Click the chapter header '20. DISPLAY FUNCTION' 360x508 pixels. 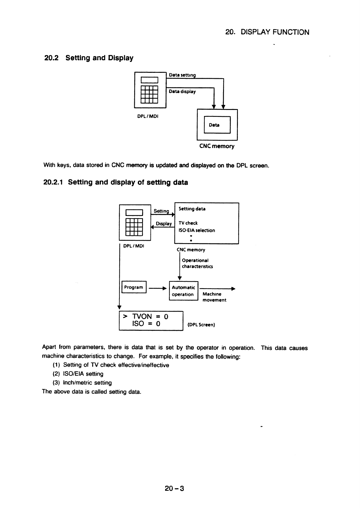pyautogui.click(x=267, y=32)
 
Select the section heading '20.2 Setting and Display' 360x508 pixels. pyautogui.click(x=89, y=58)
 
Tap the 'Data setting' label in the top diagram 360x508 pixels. pyautogui.click(x=182, y=75)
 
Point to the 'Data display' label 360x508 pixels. pyautogui.click(x=182, y=92)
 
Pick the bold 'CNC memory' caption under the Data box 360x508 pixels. pyautogui.click(x=217, y=146)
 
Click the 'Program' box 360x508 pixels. pyautogui.click(x=134, y=287)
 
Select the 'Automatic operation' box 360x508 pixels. pyautogui.click(x=184, y=291)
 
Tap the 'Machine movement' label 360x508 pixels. pyautogui.click(x=214, y=297)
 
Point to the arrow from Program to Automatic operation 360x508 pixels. pyautogui.click(x=158, y=288)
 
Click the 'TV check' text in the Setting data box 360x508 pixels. pyautogui.click(x=188, y=223)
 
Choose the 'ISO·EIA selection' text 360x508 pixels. pyautogui.click(x=196, y=230)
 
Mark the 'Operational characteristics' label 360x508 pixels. pyautogui.click(x=197, y=263)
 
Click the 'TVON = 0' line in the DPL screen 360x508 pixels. pyautogui.click(x=146, y=316)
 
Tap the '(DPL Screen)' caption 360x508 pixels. pyautogui.click(x=201, y=325)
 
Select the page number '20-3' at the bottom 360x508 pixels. pyautogui.click(x=174, y=488)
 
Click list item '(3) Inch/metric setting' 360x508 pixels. pyautogui.click(x=82, y=383)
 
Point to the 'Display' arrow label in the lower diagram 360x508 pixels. pyautogui.click(x=164, y=223)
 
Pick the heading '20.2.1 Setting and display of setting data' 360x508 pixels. pyautogui.click(x=115, y=182)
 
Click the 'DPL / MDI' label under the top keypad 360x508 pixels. pyautogui.click(x=148, y=116)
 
